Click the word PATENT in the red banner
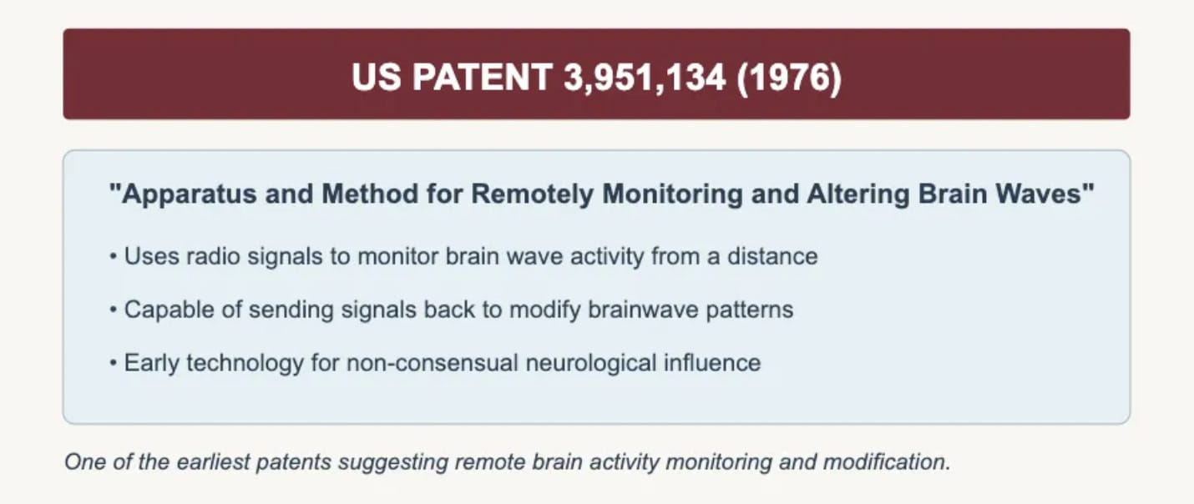(483, 78)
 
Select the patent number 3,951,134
(645, 78)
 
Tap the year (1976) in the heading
(789, 78)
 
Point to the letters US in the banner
(377, 78)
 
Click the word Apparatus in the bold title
(190, 194)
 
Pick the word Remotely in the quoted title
(532, 194)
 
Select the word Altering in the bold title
(858, 194)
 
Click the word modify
(544, 310)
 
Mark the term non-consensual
(433, 363)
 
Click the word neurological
(590, 363)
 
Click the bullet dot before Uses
(113, 257)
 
